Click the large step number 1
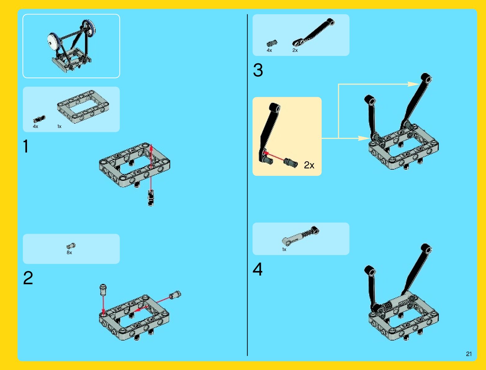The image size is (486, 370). click(x=26, y=146)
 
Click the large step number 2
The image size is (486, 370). click(x=28, y=278)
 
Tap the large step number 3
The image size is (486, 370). click(x=258, y=70)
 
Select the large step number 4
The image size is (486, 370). click(x=257, y=269)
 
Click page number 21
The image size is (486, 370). click(x=469, y=354)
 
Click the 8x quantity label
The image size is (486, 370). click(x=69, y=253)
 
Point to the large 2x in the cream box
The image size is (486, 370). click(x=309, y=165)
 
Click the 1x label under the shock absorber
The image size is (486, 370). click(x=284, y=249)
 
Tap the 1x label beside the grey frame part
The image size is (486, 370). click(x=59, y=126)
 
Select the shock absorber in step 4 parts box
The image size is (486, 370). click(x=301, y=236)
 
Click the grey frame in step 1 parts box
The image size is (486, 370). click(x=83, y=107)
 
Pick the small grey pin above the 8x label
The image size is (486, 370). click(x=71, y=246)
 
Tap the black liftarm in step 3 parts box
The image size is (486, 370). click(x=314, y=32)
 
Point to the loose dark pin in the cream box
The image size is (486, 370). click(x=291, y=163)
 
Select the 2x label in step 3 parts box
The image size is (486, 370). click(x=295, y=50)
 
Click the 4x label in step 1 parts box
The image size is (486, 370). click(x=35, y=126)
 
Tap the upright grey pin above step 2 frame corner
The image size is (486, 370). click(x=103, y=290)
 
